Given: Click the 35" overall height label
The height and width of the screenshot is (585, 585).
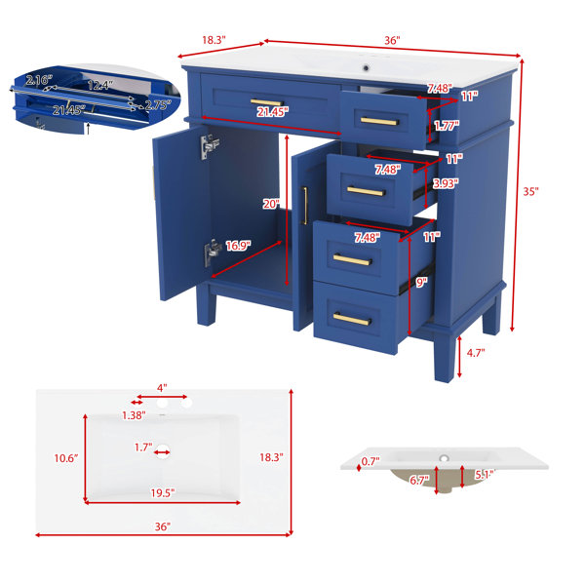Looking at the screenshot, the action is [530, 192].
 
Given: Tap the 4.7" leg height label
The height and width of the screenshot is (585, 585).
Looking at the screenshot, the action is [476, 353].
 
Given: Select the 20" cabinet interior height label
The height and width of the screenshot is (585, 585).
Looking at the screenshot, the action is [271, 204].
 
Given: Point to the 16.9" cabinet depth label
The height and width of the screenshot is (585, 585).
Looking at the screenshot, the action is [238, 246].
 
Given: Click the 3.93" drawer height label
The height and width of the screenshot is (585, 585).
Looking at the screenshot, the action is [446, 183].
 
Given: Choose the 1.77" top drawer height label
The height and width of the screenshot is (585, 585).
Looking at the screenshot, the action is [447, 126].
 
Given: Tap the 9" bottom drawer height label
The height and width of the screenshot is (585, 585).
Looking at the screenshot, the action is [421, 283].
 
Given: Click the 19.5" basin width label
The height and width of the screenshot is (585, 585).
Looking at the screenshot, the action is [163, 493].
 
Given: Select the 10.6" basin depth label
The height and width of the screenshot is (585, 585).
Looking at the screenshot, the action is [66, 458].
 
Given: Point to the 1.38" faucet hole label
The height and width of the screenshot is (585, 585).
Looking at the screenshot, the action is [134, 415].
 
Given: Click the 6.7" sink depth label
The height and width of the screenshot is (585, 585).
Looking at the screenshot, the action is [419, 480].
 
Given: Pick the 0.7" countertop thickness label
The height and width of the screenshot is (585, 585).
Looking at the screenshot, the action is [370, 461].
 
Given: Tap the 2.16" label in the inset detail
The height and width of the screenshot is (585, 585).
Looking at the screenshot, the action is [39, 80].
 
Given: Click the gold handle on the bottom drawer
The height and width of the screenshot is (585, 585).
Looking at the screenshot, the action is [352, 320].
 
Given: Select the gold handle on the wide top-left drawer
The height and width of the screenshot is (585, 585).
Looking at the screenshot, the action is [267, 102].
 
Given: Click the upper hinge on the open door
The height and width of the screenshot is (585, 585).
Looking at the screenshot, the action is [210, 146].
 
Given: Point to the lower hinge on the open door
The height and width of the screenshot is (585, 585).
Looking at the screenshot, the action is [213, 252].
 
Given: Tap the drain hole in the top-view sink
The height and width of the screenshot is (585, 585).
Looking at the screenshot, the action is [163, 452].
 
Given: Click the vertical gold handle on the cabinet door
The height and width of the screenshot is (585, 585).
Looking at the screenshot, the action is [305, 206].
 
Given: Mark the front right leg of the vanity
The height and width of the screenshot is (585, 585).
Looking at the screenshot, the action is [445, 358].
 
